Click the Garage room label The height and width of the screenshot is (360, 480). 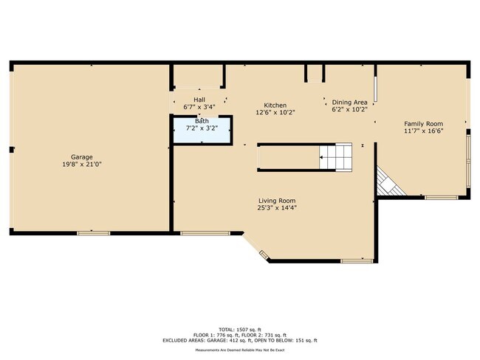coord(81,157)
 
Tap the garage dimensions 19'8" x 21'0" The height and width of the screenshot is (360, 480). coord(81,165)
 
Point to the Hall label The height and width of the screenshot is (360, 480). coord(199,99)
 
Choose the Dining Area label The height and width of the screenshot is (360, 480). coord(349,102)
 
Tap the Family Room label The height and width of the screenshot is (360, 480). coord(423,123)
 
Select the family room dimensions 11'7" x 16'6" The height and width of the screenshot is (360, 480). coord(423,131)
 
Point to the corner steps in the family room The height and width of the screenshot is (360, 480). coord(388,182)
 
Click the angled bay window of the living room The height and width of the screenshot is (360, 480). coord(264,255)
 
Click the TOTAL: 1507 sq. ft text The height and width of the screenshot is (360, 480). coord(240,328)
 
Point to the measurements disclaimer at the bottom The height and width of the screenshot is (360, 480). coord(240,351)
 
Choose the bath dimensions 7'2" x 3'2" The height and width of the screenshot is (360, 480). coord(202,128)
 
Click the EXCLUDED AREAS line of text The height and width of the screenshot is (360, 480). coord(240,340)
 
